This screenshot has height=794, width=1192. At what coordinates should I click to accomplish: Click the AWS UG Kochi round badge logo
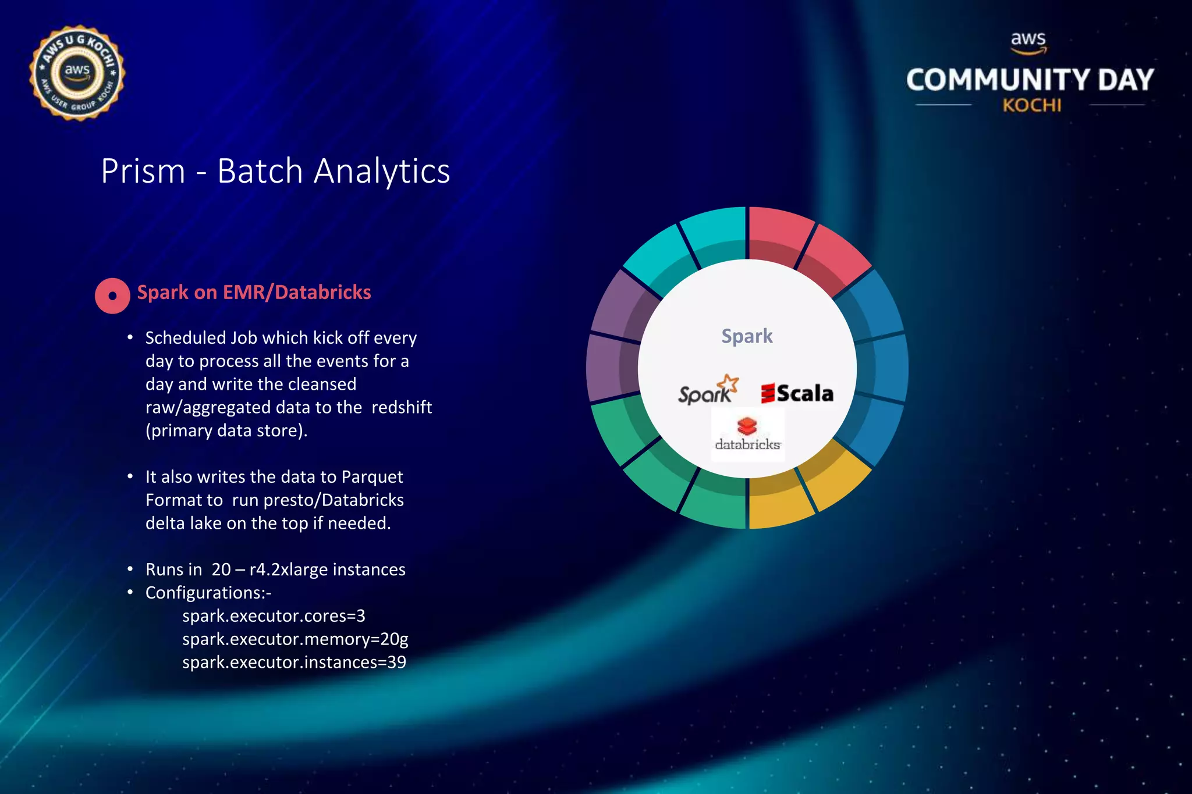(x=77, y=73)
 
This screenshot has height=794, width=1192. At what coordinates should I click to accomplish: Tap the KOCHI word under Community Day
(x=1031, y=106)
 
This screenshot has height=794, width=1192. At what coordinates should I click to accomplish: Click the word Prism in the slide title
(x=143, y=172)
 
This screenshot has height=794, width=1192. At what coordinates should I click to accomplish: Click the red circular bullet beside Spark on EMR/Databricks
(x=112, y=295)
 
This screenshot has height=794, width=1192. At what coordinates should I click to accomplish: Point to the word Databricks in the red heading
(x=322, y=292)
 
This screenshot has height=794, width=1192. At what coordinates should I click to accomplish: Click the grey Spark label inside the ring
(x=747, y=336)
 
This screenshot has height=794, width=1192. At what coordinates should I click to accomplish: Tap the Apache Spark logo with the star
(x=708, y=391)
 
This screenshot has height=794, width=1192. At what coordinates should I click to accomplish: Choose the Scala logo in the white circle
(x=797, y=394)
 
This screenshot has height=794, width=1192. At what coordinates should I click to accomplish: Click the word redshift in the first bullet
(x=402, y=407)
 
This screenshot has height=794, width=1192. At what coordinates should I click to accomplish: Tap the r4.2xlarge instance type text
(x=296, y=569)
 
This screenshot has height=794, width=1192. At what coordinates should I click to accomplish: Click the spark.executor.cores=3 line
(x=274, y=616)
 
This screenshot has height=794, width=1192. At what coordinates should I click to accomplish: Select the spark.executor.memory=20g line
(x=295, y=639)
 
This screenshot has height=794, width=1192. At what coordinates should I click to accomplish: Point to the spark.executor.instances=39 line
(x=294, y=663)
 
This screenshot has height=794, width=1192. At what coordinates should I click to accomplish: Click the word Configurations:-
(x=208, y=593)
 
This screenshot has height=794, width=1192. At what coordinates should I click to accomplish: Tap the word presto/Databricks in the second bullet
(x=318, y=500)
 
